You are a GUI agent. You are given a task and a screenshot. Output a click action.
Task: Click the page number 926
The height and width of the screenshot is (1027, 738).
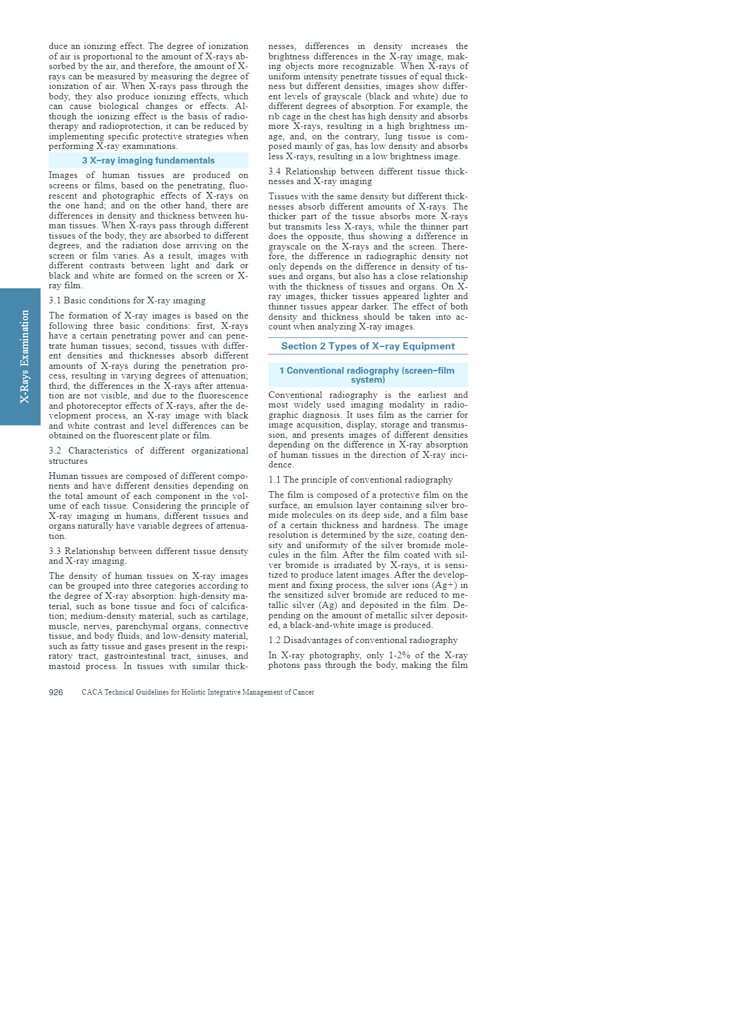coord(56,692)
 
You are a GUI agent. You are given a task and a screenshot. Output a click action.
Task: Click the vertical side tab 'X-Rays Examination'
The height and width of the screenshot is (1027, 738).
coord(24,357)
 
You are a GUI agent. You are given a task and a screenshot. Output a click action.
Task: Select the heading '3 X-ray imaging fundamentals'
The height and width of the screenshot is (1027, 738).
coord(148,160)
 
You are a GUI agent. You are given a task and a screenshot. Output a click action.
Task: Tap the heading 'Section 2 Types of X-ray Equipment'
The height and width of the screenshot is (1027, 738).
coord(368,346)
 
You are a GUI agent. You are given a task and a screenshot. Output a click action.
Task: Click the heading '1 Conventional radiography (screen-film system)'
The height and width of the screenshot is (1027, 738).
coord(368,375)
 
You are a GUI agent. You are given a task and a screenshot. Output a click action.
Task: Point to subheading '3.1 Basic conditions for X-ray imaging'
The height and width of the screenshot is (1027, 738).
coord(127,300)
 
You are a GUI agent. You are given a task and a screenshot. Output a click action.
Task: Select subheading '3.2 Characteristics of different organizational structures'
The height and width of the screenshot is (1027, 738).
coord(148,455)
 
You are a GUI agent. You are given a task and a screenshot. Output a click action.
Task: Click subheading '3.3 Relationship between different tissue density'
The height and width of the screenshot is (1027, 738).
coord(148,551)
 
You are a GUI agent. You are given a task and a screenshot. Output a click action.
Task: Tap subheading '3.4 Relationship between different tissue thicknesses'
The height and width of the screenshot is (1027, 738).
coord(368,171)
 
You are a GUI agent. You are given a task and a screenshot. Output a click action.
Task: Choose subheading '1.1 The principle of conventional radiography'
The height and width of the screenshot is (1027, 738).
coord(361,480)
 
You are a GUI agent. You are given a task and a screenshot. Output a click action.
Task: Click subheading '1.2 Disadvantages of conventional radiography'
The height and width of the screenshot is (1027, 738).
coord(363,640)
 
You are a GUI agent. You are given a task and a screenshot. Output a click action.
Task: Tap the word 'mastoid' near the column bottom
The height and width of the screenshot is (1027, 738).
coord(65,666)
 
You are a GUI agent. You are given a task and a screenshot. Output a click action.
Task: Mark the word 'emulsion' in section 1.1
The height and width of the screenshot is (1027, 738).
coord(337,505)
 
